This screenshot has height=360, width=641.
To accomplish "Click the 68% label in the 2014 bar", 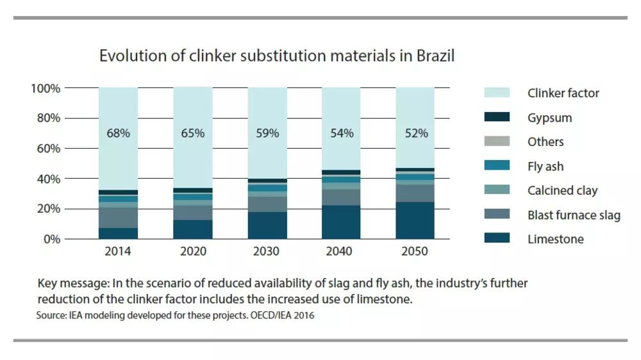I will (x=118, y=133).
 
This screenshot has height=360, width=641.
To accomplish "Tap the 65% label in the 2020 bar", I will (x=192, y=133).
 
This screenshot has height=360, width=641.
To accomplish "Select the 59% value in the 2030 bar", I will (x=267, y=133).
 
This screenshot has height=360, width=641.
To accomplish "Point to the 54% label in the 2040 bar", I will (x=341, y=133).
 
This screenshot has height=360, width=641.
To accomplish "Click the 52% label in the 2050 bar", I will (x=415, y=133).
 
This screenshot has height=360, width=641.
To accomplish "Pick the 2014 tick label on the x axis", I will (x=118, y=252).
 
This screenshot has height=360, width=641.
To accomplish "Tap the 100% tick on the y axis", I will (x=46, y=88).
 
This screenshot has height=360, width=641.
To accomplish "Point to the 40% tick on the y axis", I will (x=49, y=179).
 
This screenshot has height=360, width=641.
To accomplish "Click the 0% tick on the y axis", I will (x=51, y=240).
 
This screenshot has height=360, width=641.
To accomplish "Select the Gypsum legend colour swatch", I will (x=498, y=117).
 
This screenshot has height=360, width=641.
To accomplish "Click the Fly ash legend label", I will (x=545, y=167).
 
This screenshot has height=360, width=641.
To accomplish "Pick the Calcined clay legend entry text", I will (x=562, y=191).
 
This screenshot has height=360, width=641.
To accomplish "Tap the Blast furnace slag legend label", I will (x=574, y=215).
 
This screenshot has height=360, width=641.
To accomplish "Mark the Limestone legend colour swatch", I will (x=498, y=239).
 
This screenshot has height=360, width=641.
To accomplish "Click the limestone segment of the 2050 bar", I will (x=415, y=221).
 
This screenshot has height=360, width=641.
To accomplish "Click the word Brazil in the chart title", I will (x=435, y=56).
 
